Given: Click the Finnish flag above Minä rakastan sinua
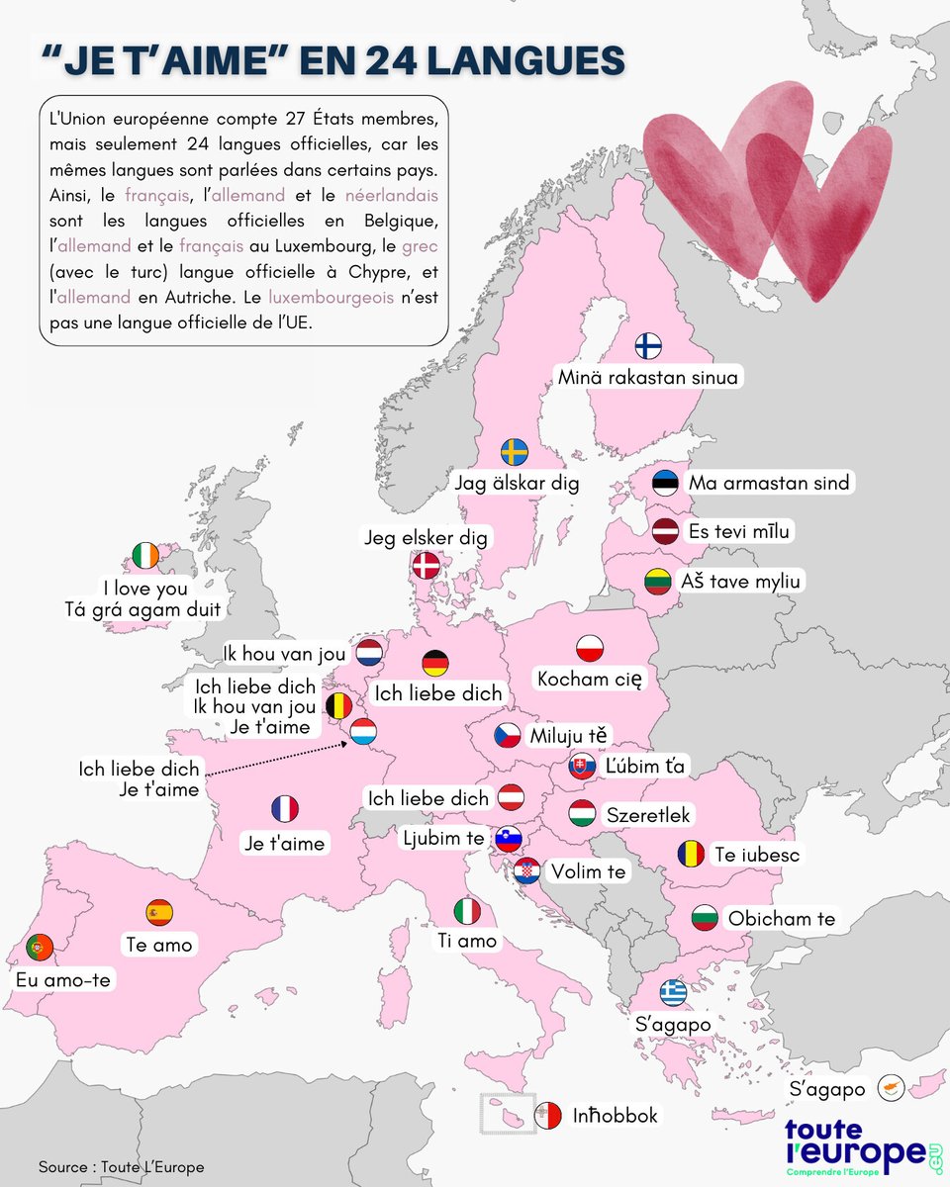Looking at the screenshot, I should pyautogui.click(x=648, y=346).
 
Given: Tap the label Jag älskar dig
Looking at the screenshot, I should pyautogui.click(x=517, y=484).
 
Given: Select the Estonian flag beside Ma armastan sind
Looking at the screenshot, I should pyautogui.click(x=666, y=483).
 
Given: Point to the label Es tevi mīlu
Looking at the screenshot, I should pyautogui.click(x=740, y=531).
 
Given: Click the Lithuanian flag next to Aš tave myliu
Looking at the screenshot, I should pyautogui.click(x=659, y=582).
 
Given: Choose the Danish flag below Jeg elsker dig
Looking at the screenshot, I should pyautogui.click(x=427, y=566).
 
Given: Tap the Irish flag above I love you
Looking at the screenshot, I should pyautogui.click(x=144, y=557).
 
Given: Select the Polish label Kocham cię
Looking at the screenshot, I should pyautogui.click(x=590, y=679).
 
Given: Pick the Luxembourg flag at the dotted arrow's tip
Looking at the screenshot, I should pyautogui.click(x=363, y=732).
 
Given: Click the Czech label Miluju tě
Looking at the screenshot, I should pyautogui.click(x=570, y=736).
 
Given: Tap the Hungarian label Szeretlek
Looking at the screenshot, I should pyautogui.click(x=648, y=815).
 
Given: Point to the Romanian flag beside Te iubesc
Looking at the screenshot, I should pyautogui.click(x=691, y=853).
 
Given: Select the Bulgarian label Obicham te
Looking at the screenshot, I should pyautogui.click(x=781, y=919).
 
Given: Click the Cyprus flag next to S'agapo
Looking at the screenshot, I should pyautogui.click(x=890, y=1087).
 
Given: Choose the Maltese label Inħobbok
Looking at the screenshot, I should pyautogui.click(x=615, y=1116).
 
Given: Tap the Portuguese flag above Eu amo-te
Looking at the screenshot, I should pyautogui.click(x=40, y=948).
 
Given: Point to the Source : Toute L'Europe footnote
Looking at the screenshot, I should pyautogui.click(x=122, y=1167).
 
